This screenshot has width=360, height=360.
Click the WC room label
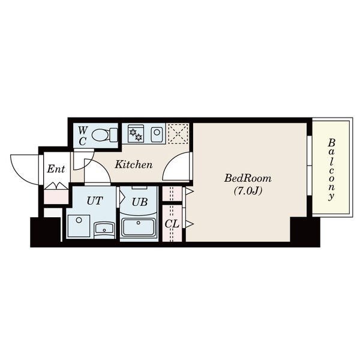coord(82,136)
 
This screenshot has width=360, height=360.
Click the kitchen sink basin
coord(157,133)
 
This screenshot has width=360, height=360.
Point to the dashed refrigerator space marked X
coord(178,134)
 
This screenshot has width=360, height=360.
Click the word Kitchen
coord(133,164)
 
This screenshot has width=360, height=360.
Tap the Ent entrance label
coord(56,169)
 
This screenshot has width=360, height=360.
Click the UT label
coord(95,200)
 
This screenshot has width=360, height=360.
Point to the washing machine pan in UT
coord(79,226)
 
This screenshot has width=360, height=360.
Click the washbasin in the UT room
coord(104,230)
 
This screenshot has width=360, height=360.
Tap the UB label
coord(139,202)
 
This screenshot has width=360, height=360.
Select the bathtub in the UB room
coord(139,227)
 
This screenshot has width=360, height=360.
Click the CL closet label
coord(172,224)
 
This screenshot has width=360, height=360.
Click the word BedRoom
coord(247,178)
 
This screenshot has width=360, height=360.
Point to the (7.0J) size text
coord(248,191)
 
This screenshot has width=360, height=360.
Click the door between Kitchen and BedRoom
coord(177,166)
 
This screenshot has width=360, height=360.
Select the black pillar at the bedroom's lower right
coord(305,232)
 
